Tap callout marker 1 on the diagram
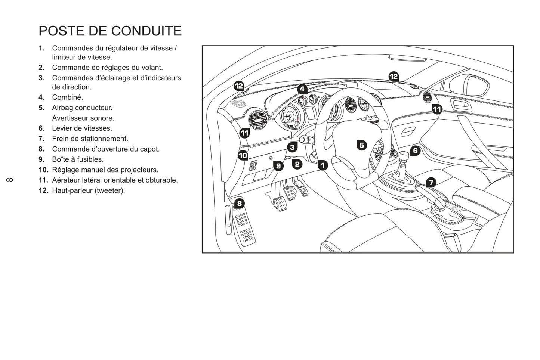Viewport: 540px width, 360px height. [323, 165]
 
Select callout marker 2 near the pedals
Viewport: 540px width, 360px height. [297, 164]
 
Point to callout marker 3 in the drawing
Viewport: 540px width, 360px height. [292, 147]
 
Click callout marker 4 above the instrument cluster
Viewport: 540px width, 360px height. [302, 89]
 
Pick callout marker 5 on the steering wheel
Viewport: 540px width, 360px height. [361, 145]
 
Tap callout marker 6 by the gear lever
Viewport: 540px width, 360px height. [415, 151]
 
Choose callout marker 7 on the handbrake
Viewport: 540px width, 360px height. [431, 182]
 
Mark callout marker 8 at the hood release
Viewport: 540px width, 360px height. [239, 204]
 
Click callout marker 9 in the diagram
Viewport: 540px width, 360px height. [278, 166]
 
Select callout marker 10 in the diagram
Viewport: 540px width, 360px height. [243, 155]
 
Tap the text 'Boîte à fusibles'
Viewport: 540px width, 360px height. [78, 159]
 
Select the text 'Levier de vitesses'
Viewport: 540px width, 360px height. [82, 128]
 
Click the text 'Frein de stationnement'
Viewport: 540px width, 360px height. [90, 139]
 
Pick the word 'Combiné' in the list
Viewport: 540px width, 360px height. [68, 97]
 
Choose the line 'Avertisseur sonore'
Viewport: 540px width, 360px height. [83, 118]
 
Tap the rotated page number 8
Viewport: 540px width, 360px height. [10, 180]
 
